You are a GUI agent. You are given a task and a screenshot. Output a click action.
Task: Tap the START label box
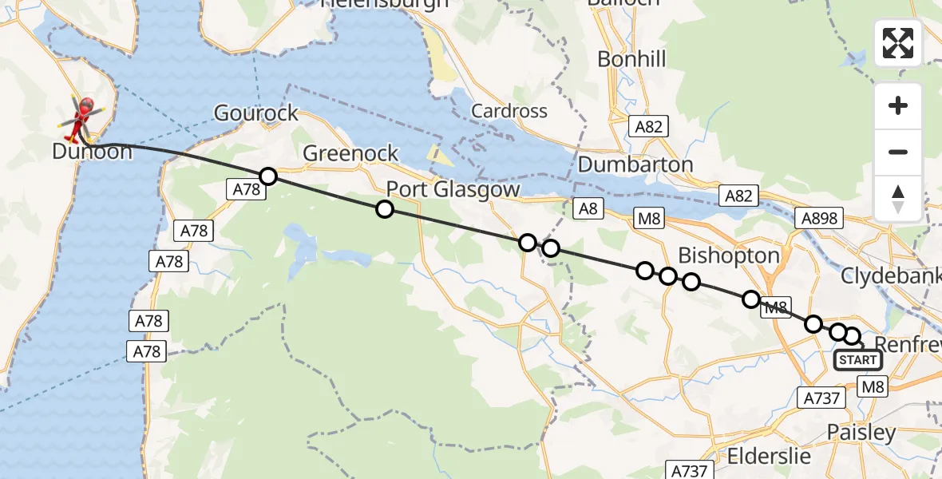click(858, 360)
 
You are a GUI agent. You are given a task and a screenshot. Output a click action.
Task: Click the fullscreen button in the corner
click(898, 43)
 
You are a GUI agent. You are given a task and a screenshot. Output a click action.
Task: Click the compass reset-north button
click(898, 198)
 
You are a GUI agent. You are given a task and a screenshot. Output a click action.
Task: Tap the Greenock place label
click(350, 152)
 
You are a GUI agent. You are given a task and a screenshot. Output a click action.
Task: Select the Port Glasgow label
click(453, 190)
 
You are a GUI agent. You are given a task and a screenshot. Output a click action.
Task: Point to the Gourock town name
click(255, 113)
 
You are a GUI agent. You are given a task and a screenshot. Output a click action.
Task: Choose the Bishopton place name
click(728, 255)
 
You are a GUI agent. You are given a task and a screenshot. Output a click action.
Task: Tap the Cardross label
click(509, 111)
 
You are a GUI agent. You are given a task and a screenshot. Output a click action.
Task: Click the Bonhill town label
click(631, 59)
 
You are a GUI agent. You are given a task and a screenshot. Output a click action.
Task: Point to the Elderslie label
click(770, 457)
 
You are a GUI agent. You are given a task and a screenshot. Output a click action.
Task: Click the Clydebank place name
click(891, 275)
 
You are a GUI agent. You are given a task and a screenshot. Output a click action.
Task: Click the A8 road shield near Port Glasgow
click(588, 209)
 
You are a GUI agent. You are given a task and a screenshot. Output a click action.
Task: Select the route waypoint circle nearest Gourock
click(268, 176)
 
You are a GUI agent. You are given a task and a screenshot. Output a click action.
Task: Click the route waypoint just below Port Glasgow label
click(385, 209)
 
